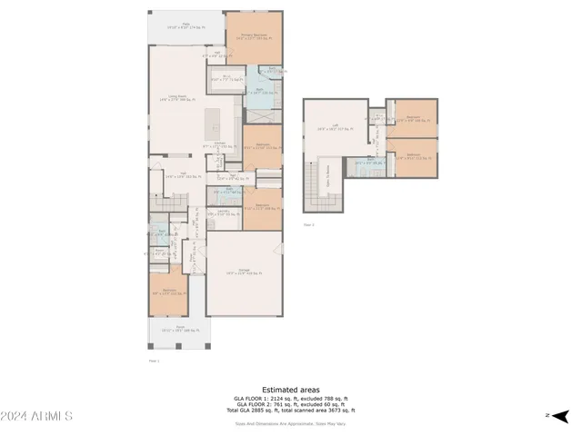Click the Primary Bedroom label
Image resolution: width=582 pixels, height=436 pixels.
coord(252,38)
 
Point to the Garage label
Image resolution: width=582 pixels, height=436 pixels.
coord(243,272)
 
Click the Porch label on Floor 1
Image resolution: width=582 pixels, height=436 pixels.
coord(179,329)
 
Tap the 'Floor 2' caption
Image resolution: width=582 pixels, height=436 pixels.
coord(308,224)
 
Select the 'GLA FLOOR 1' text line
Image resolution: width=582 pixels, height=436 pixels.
coord(290,398)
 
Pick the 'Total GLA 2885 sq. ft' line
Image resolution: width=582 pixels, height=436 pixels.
coord(290,411)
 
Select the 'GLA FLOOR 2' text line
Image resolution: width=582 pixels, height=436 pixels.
coord(290,404)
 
